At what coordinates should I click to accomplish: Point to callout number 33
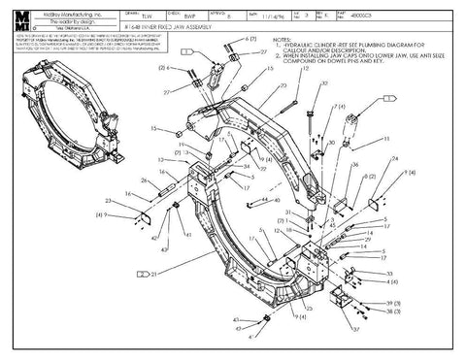pos(389,275)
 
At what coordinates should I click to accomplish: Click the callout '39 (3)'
pos(391,304)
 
